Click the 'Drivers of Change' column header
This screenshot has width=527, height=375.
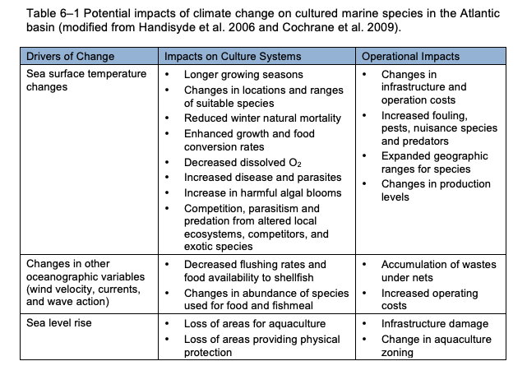click(x=71, y=57)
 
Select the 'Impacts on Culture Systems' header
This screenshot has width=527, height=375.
click(x=233, y=57)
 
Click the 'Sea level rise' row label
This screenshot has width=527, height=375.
click(x=61, y=324)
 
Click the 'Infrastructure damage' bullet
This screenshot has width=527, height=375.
click(x=434, y=324)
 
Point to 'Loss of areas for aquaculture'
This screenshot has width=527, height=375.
click(x=255, y=324)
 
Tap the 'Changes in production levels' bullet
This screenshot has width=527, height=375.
click(x=434, y=190)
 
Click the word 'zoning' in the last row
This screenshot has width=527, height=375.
click(x=397, y=354)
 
